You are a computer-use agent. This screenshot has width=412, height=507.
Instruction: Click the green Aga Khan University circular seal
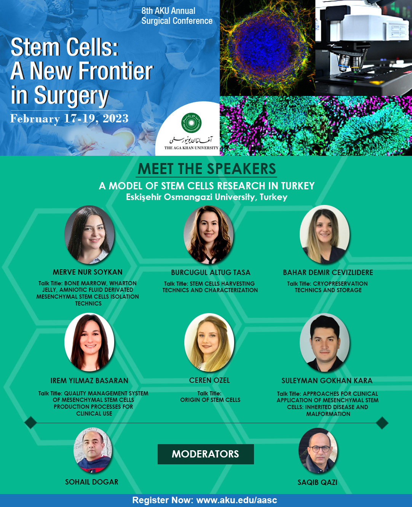coord(191,123)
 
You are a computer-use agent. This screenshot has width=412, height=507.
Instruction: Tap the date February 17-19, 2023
coord(69,118)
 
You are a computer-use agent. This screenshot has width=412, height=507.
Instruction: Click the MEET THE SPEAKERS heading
coord(207,169)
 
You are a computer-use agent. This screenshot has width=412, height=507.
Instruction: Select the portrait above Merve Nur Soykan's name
coord(89,235)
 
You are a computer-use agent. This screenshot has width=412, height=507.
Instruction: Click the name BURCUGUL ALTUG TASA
coord(211,272)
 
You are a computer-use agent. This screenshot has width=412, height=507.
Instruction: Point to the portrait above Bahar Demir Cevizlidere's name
coord(324,235)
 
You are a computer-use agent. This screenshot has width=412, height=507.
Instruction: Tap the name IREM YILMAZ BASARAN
coord(89,381)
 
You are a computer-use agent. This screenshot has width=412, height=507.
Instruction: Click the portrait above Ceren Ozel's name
coord(209,342)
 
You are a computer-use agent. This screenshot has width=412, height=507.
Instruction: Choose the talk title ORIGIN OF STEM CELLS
coord(210,400)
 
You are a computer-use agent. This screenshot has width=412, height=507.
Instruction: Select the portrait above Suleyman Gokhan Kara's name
coord(325,342)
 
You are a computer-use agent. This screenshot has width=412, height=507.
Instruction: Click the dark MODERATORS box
coord(206,454)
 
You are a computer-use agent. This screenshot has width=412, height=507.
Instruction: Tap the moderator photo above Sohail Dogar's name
coord(93,450)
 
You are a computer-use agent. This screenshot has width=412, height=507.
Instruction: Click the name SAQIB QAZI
coord(317,482)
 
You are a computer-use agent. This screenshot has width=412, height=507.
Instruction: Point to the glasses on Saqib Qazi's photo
coord(319,449)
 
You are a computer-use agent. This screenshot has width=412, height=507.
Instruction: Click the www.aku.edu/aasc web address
coord(237,500)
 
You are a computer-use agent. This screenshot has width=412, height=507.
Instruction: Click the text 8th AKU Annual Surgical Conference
coord(177,16)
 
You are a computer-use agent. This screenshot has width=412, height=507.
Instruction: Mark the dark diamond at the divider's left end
coord(31,423)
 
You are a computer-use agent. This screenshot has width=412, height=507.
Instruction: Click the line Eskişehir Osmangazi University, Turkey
coord(206,197)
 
